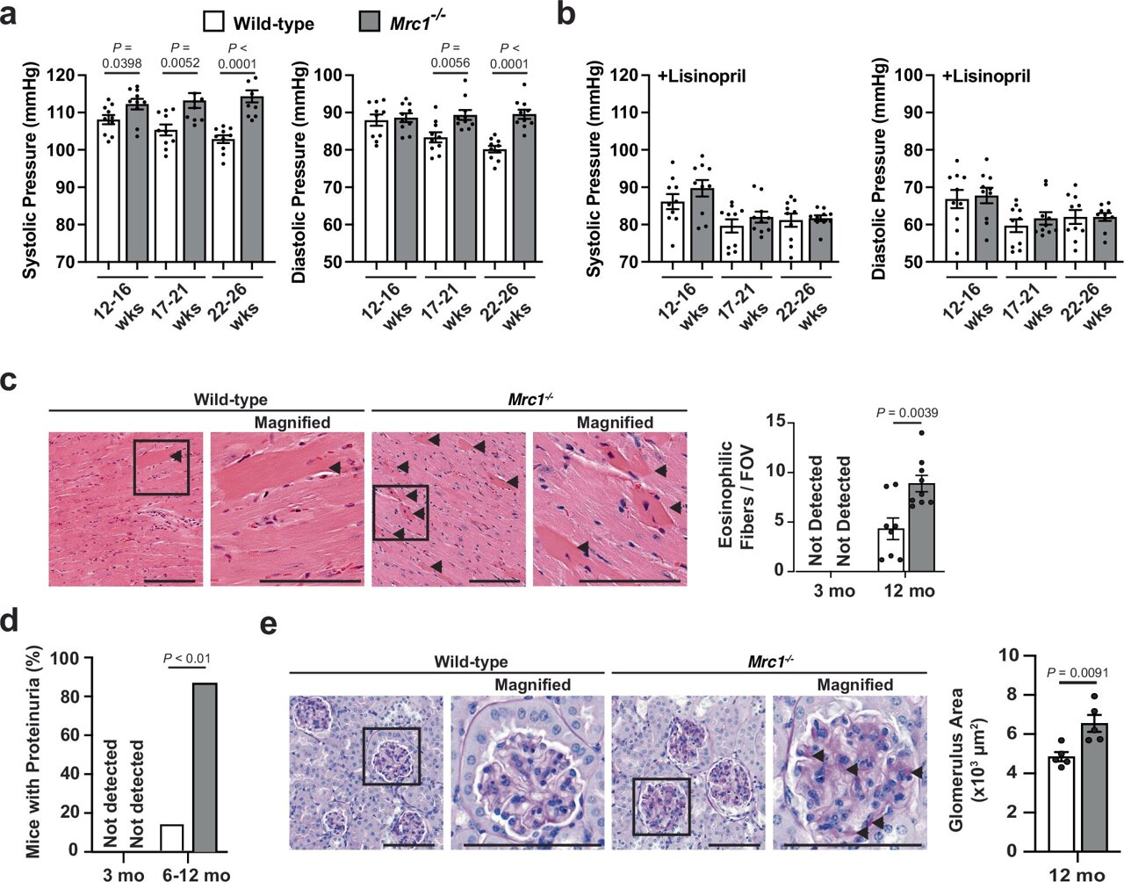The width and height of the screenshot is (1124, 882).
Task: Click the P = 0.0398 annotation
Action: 123,55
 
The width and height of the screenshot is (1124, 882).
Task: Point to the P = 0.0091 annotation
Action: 1081,673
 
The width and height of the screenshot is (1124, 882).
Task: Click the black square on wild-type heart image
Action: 161,466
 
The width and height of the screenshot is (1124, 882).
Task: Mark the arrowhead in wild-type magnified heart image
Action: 334,467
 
